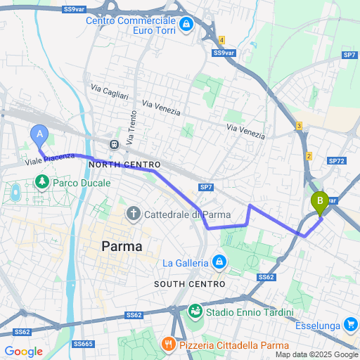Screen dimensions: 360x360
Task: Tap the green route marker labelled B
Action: (320, 202)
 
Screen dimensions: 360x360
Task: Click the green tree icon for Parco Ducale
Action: (42, 183)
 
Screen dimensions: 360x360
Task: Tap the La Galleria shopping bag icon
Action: (219, 262)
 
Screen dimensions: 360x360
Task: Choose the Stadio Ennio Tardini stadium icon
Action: (195, 310)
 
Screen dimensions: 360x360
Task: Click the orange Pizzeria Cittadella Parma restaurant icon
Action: (168, 345)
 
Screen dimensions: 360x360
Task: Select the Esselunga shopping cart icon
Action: (350, 324)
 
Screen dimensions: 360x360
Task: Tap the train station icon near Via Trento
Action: (113, 144)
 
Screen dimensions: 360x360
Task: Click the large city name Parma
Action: (122, 247)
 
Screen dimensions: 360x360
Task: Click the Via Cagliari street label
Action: (110, 92)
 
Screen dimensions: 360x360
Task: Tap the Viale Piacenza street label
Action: (50, 160)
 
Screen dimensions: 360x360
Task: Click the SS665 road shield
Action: (83, 344)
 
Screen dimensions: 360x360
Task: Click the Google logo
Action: (24, 351)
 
